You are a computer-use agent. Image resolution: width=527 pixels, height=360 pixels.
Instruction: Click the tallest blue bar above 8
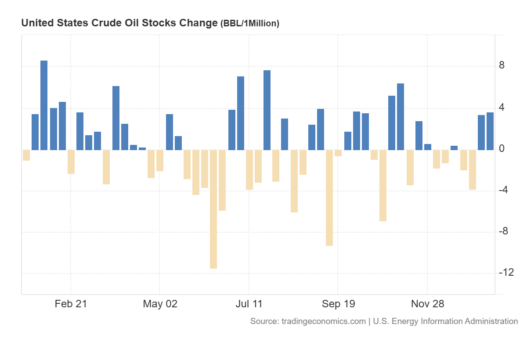(44, 105)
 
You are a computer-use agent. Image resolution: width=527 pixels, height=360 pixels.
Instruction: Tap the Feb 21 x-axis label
(71, 304)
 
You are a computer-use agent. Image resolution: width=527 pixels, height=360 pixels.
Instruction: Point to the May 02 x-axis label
(160, 304)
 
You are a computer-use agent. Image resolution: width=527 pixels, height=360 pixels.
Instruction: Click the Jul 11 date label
(249, 304)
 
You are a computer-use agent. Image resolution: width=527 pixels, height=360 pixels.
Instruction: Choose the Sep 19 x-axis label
(338, 304)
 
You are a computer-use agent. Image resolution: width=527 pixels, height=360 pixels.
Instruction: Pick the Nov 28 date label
(427, 304)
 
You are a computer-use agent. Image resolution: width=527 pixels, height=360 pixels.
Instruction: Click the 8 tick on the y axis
(502, 66)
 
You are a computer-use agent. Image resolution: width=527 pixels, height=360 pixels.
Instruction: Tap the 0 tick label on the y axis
(502, 149)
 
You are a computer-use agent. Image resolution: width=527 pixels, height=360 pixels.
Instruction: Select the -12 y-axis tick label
(506, 273)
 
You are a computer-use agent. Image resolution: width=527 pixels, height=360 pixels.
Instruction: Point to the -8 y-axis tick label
(504, 231)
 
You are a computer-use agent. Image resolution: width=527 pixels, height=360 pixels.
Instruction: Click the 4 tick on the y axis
(502, 107)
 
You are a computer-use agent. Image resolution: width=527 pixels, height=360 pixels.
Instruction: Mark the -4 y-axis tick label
(504, 190)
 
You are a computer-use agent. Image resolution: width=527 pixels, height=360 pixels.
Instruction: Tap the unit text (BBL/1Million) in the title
(249, 24)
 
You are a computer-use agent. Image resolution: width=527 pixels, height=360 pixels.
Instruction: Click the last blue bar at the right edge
(490, 131)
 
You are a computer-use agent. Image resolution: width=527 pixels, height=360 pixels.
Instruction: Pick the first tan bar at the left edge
(26, 155)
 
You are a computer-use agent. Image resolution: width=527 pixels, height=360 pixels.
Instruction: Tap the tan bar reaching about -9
(329, 198)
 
